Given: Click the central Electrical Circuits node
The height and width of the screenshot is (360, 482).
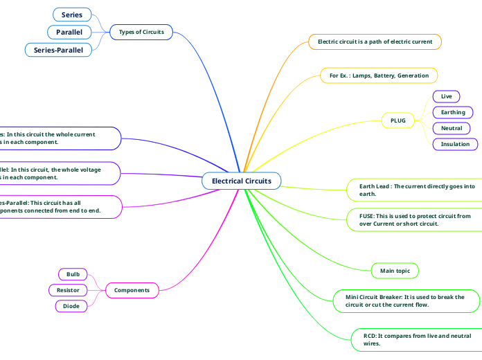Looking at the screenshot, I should click(x=241, y=181).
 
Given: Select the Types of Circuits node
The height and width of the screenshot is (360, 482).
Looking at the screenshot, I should click(x=141, y=32).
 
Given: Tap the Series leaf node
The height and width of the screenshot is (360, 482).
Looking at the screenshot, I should click(x=71, y=15).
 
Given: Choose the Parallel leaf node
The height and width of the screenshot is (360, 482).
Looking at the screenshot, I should click(x=69, y=32).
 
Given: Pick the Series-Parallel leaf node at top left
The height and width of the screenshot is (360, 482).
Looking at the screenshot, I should click(x=58, y=50).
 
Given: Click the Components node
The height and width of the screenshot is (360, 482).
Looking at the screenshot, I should click(x=132, y=290).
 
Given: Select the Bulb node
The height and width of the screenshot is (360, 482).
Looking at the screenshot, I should click(x=73, y=274).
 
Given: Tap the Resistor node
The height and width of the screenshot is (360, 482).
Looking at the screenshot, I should click(x=68, y=290).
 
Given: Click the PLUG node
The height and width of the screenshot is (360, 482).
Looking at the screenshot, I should click(x=398, y=120).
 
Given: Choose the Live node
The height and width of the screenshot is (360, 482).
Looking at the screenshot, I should click(x=446, y=96).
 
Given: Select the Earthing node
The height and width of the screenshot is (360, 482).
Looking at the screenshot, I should click(x=453, y=112).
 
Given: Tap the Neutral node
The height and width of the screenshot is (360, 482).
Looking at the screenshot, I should click(x=452, y=128).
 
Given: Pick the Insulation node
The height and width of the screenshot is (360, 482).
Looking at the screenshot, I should click(x=455, y=144).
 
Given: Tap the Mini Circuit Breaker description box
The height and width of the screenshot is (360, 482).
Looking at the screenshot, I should click(x=405, y=300).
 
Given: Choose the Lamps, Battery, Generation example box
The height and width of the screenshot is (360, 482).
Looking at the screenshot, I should click(x=379, y=75).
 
